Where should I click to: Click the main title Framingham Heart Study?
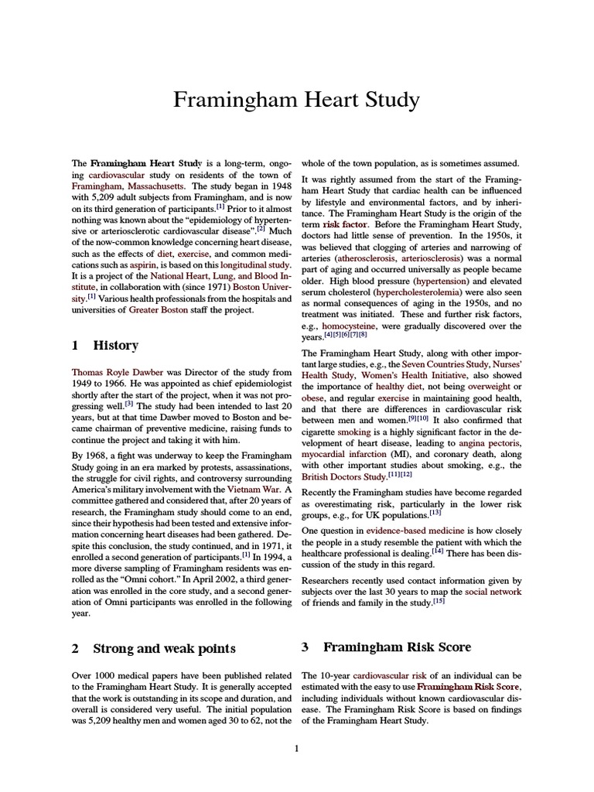point(297,101)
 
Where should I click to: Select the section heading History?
point(115,346)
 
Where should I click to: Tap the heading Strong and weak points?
point(164,648)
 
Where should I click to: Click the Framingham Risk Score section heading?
point(397,647)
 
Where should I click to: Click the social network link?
point(493,592)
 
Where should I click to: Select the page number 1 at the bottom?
point(297,748)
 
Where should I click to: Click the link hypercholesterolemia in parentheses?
point(422,292)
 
